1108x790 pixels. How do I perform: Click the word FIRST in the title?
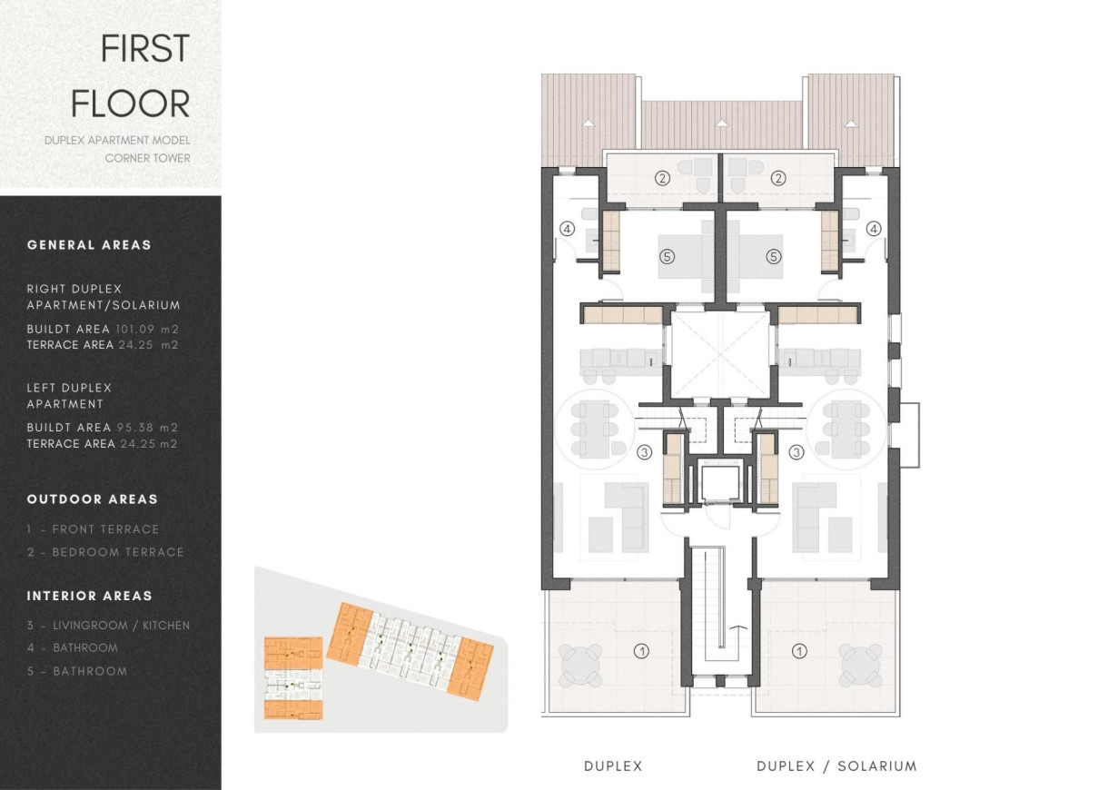click(x=144, y=48)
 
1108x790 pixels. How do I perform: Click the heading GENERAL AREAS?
click(x=89, y=245)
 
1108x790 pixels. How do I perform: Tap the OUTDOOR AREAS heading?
click(x=92, y=499)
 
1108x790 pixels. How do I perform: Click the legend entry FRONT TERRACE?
click(x=105, y=529)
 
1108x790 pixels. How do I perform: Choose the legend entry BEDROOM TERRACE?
click(x=118, y=552)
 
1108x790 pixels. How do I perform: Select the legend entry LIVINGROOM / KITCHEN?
click(x=121, y=626)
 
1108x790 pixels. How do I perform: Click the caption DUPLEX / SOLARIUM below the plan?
click(x=836, y=766)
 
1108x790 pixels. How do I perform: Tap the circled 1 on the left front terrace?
click(x=641, y=650)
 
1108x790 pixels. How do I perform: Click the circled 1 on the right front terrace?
click(x=799, y=650)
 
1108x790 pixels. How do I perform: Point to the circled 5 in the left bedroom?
click(x=668, y=257)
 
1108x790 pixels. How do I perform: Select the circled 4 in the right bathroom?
click(x=874, y=229)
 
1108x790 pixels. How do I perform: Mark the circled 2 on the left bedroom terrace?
click(x=663, y=178)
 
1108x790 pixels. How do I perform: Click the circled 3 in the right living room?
click(x=797, y=451)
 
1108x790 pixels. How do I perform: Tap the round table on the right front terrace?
click(x=859, y=666)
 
